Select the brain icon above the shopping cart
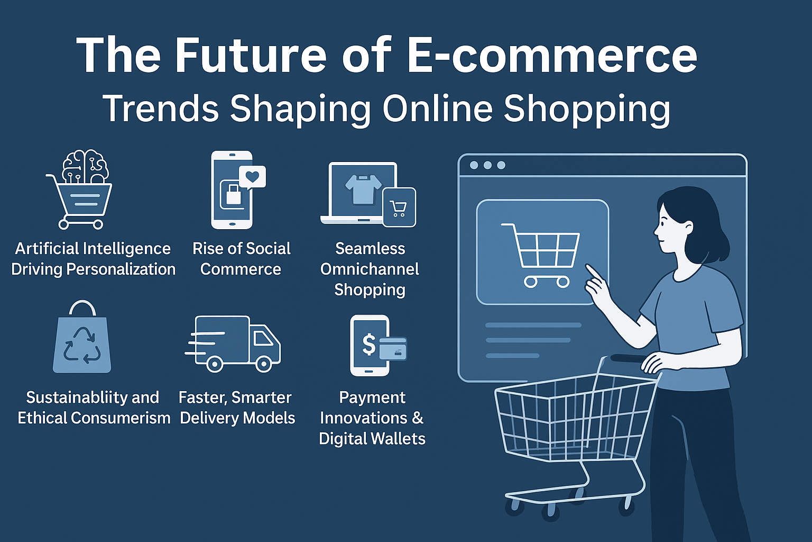click(x=85, y=167)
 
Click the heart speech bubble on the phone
click(x=252, y=177)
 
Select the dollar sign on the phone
click(x=369, y=345)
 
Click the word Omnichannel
click(x=370, y=269)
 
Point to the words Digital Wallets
click(x=372, y=439)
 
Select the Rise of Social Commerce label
click(x=241, y=259)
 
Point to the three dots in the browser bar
click(x=487, y=165)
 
